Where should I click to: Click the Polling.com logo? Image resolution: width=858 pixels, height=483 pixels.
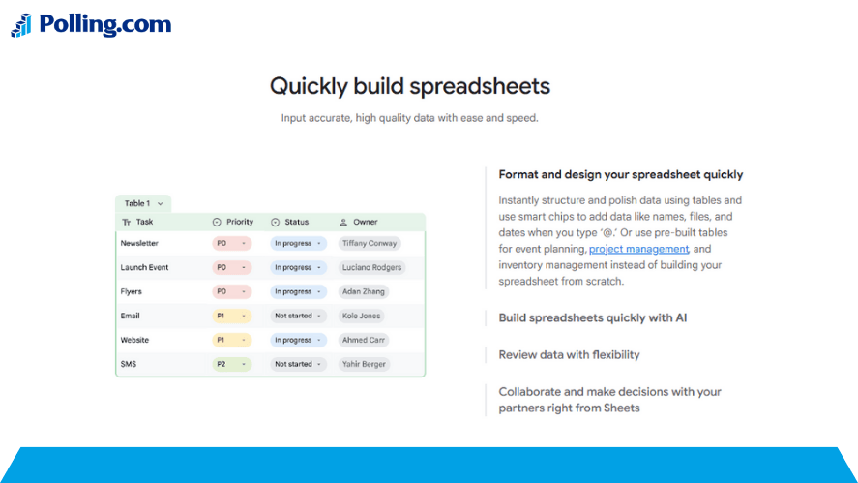point(91,24)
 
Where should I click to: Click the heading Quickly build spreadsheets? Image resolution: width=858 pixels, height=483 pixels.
point(410,86)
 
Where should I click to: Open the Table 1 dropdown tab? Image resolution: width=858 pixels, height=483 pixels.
point(143,203)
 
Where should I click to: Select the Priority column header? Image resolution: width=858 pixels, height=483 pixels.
point(233,222)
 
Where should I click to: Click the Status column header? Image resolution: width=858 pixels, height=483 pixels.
point(290,222)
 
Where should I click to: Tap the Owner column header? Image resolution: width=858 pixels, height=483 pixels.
point(359,222)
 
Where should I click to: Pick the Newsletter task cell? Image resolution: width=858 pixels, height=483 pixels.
point(139,243)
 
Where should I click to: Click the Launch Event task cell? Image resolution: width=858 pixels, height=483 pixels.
point(144,267)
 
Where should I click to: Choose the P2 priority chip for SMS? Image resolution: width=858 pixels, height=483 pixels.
point(231,364)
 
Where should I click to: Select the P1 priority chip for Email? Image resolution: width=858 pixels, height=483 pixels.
point(231,316)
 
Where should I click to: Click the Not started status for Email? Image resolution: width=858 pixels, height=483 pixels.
point(298,316)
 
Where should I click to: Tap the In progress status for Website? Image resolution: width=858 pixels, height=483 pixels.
point(298,340)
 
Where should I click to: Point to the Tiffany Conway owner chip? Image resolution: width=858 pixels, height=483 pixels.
point(370,243)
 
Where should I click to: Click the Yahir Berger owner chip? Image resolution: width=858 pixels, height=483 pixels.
point(364,364)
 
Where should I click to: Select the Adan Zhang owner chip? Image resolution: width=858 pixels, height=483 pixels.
point(364,292)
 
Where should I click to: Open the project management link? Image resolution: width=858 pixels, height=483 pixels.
point(638,249)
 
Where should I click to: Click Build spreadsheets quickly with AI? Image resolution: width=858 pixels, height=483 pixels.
point(593,318)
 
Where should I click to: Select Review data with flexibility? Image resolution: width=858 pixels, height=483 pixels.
point(569,355)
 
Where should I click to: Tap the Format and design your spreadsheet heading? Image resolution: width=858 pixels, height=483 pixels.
point(620,174)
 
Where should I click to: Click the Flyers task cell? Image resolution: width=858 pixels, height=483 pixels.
point(132,292)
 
